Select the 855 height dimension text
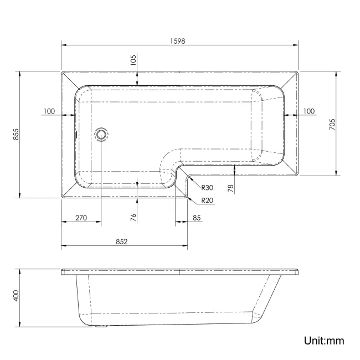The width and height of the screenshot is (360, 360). pyautogui.click(x=16, y=135)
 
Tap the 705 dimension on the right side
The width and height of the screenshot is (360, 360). pyautogui.click(x=332, y=123)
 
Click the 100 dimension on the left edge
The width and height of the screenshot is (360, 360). pyautogui.click(x=49, y=111)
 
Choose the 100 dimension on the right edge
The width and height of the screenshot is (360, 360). pyautogui.click(x=308, y=111)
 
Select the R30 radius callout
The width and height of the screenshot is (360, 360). pyautogui.click(x=208, y=187)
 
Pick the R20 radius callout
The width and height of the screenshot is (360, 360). pyautogui.click(x=208, y=200)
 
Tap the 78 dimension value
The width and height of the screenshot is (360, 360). pyautogui.click(x=231, y=187)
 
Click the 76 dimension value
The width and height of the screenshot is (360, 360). pyautogui.click(x=133, y=217)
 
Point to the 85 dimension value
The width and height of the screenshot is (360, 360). pyautogui.click(x=197, y=218)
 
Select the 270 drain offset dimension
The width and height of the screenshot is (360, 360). pyautogui.click(x=81, y=218)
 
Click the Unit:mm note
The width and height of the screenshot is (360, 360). pyautogui.click(x=324, y=340)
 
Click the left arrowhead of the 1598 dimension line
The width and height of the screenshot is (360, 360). pyautogui.click(x=63, y=45)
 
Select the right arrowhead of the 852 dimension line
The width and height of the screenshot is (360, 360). pyautogui.click(x=187, y=246)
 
